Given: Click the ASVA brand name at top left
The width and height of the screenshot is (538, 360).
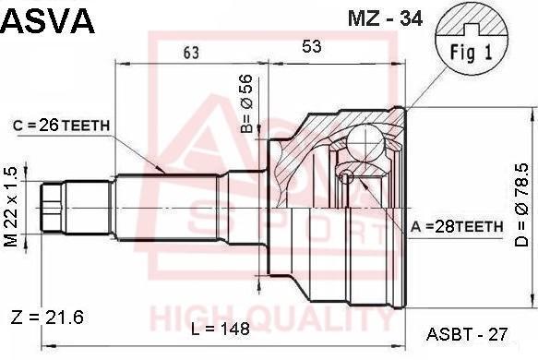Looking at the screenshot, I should (x=48, y=20).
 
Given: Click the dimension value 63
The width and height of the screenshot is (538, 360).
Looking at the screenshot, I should (x=191, y=53).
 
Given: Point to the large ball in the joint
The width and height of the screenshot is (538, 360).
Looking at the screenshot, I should (x=367, y=145).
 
